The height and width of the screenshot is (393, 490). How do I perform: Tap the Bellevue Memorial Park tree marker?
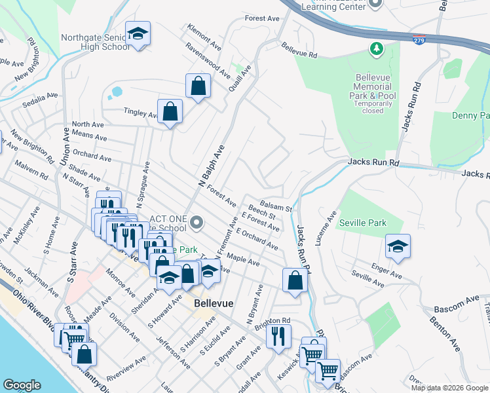(x=377, y=48)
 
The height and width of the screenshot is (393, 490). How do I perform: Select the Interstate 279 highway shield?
(x=419, y=40)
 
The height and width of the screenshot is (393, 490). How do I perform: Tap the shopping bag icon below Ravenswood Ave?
(x=198, y=86)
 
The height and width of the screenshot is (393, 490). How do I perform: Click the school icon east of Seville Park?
(x=398, y=246)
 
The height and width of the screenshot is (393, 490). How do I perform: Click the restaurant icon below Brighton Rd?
(x=278, y=335)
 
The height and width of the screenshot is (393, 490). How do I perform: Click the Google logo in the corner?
(x=22, y=385)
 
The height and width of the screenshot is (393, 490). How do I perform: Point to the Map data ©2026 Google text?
(x=449, y=388)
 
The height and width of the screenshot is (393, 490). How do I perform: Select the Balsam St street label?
(x=275, y=205)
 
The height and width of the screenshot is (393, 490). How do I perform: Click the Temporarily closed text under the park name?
(x=373, y=107)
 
